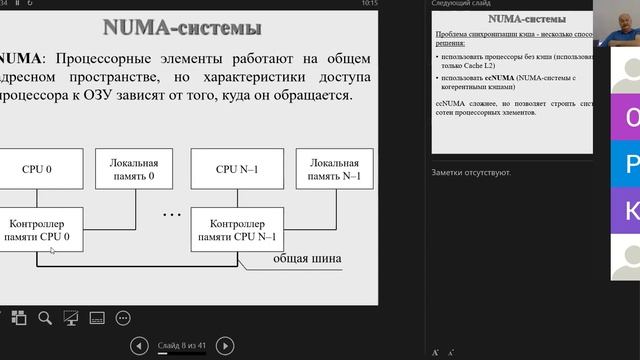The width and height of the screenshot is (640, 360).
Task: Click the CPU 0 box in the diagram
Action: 37,169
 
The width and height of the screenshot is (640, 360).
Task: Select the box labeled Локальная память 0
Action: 133,169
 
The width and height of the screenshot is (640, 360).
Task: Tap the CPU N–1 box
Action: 238,169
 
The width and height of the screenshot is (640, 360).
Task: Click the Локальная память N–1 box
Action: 335,169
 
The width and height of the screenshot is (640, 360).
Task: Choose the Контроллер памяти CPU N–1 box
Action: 238,229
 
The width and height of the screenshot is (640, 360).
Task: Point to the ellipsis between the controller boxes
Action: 171,214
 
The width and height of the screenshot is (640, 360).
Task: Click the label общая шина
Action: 308,259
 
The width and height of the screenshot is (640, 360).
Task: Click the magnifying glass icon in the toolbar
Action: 45,318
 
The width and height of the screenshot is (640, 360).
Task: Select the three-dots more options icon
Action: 123,318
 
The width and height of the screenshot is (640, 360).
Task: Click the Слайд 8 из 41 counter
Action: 183,346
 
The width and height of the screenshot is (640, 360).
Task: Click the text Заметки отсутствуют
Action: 471,173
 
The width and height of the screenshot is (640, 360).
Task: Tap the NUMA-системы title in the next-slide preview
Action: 523,19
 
